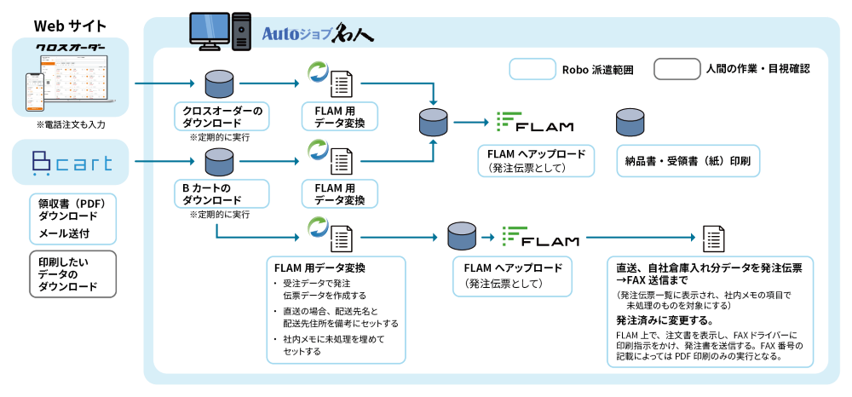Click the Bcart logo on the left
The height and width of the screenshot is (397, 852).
[71, 163]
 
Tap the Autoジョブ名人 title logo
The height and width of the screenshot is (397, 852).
[317, 33]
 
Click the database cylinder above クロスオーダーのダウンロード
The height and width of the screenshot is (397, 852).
[219, 83]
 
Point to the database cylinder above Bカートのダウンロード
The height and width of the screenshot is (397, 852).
[219, 161]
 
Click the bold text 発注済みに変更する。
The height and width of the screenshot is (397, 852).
[665, 320]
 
